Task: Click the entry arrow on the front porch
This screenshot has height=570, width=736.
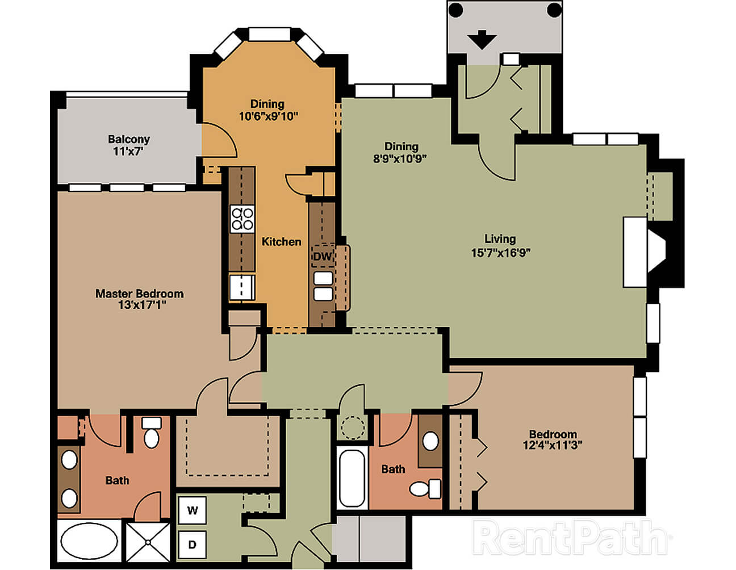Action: tap(482, 40)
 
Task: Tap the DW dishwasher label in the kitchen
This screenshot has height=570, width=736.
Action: tap(322, 256)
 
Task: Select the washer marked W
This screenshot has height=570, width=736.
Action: tap(193, 510)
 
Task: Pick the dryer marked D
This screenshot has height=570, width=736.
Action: tap(193, 544)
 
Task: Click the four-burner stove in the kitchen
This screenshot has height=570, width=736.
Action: tap(242, 219)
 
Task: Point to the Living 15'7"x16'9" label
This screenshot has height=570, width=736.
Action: tap(500, 246)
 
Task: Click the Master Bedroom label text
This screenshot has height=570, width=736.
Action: tap(140, 294)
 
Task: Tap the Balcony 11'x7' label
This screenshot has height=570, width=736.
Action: tap(129, 145)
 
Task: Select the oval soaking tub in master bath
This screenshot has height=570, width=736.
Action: tap(89, 541)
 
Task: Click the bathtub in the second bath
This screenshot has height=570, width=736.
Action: tap(352, 478)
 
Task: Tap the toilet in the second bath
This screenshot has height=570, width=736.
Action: tap(426, 488)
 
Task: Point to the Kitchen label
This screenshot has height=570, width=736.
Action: tap(282, 242)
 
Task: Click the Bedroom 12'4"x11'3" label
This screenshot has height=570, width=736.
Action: tap(553, 439)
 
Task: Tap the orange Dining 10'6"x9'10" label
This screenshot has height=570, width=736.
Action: tap(269, 110)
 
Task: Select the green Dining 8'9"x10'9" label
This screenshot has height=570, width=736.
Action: tap(400, 152)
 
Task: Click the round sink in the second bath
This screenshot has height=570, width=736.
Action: tap(430, 441)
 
